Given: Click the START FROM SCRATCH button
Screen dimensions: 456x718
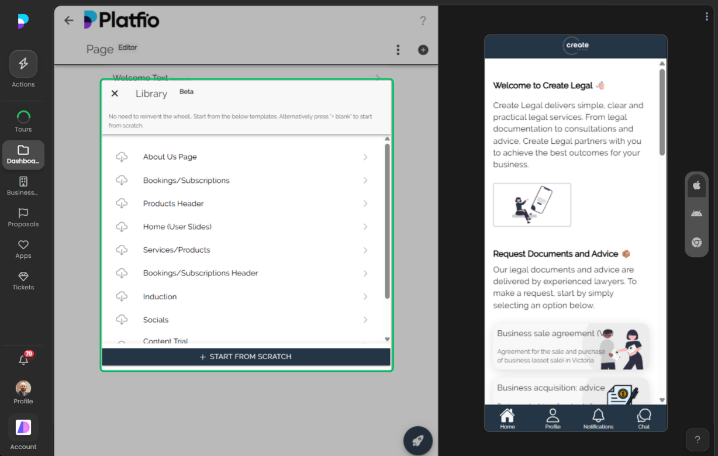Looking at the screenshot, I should click(x=246, y=357).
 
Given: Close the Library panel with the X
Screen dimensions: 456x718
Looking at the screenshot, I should click(x=115, y=94).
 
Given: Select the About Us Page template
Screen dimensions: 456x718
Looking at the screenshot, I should click(x=170, y=157).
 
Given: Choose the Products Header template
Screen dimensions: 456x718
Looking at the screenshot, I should click(x=173, y=203).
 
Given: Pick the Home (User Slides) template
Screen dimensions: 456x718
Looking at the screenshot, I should click(x=177, y=227).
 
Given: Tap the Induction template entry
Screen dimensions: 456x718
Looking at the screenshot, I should click(x=160, y=296).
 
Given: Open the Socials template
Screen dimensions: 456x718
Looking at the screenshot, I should click(x=156, y=320).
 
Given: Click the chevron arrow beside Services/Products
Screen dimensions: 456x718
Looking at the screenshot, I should click(x=365, y=250).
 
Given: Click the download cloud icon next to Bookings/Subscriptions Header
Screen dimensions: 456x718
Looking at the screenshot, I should click(x=122, y=273).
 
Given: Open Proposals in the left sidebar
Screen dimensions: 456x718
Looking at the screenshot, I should click(x=23, y=217).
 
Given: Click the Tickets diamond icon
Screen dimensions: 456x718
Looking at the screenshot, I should click(x=23, y=277).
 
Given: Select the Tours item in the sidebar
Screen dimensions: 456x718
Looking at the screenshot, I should click(x=23, y=121).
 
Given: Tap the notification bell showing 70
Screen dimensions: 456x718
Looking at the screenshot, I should click(x=23, y=360).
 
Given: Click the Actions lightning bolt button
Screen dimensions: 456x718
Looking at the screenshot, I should click(x=23, y=64).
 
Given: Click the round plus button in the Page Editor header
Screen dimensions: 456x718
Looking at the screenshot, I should click(x=423, y=50).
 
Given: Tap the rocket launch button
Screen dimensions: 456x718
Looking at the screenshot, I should click(x=418, y=441).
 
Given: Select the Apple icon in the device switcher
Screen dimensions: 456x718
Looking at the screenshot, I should click(x=696, y=185).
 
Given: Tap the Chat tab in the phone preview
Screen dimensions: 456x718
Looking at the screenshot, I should click(x=644, y=419).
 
